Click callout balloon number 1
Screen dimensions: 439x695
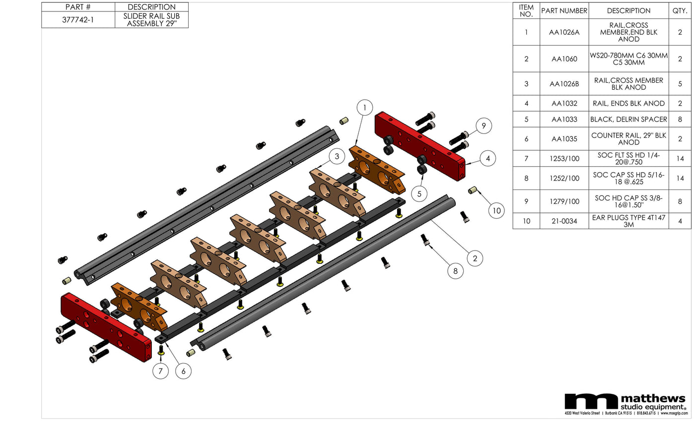point(365,108)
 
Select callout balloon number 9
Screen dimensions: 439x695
point(484,126)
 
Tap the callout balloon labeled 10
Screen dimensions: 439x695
point(496,210)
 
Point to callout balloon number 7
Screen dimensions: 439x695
point(160,371)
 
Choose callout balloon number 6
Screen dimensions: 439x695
point(183,371)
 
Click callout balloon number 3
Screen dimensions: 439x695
point(337,156)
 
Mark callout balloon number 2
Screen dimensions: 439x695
point(475,258)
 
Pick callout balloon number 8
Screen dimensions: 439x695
point(455,271)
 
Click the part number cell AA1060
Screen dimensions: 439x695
point(564,59)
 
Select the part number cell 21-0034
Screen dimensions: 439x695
point(564,221)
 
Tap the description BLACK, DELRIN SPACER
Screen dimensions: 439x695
point(628,120)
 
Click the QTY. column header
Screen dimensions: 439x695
point(680,11)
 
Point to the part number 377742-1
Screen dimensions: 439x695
point(78,20)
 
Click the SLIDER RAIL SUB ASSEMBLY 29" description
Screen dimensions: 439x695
point(151,20)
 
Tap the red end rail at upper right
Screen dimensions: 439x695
point(419,146)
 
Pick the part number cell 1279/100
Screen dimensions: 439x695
point(564,201)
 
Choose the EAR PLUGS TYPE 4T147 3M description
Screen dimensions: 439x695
point(628,221)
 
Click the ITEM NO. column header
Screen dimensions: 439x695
point(526,11)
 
